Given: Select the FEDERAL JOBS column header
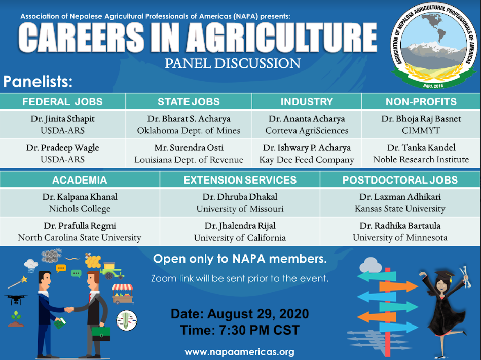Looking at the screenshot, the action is (62, 102).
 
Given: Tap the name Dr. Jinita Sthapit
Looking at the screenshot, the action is (62, 119).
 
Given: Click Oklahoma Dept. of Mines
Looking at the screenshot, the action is (189, 131).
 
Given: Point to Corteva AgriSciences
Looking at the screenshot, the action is (307, 131).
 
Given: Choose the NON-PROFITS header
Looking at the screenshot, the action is (421, 102).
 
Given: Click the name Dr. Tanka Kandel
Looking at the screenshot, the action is (421, 148).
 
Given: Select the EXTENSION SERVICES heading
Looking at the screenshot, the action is (240, 180).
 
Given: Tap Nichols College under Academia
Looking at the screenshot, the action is (80, 209).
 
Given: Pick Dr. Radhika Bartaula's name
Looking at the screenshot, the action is (400, 226).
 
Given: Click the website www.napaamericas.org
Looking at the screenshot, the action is (240, 352).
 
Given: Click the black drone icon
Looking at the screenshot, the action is (16, 299).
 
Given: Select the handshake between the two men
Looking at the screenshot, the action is (69, 309).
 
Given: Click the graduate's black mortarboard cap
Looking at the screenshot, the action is (444, 275).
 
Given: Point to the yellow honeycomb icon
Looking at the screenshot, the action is (93, 261).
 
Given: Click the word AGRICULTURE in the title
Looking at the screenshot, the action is (282, 38).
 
